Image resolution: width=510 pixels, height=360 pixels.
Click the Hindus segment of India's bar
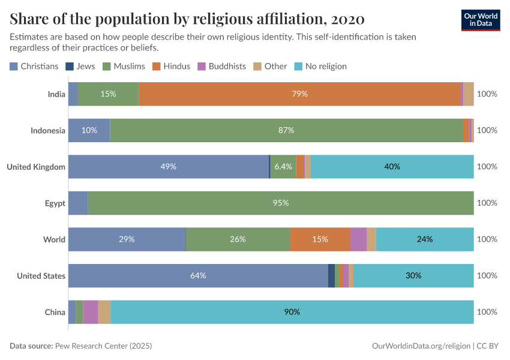tap(299, 94)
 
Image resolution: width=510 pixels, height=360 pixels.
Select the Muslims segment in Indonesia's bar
tap(286, 130)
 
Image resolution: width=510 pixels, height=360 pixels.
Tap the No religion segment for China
tap(292, 312)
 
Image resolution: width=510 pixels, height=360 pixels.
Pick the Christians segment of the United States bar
tap(198, 275)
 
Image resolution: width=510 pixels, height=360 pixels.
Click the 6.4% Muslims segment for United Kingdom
tap(283, 167)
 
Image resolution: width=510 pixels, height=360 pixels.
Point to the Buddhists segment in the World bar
tap(358, 239)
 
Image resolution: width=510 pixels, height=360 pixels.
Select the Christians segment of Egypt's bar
tap(78, 203)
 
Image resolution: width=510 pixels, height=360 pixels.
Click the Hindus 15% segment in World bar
tap(320, 239)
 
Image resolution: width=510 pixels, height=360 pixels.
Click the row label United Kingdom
tap(36, 167)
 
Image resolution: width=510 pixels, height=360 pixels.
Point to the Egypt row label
tap(55, 203)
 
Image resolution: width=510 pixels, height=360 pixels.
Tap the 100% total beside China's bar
tap(487, 312)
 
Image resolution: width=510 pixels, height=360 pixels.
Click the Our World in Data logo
tap(481, 20)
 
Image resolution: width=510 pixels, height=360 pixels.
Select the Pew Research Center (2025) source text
tap(103, 346)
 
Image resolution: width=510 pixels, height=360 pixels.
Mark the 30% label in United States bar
tap(413, 275)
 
